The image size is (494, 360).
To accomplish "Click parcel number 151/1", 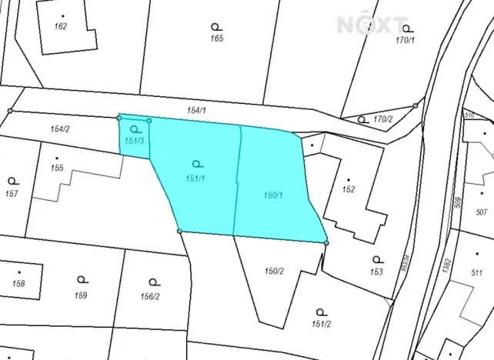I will (194, 178).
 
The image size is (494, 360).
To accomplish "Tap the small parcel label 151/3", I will (134, 141).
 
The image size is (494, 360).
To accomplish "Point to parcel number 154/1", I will (197, 112).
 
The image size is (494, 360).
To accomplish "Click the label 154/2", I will (60, 128).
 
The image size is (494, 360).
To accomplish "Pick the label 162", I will (62, 26).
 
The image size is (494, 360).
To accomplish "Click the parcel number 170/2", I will (382, 119).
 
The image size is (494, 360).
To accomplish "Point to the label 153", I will (376, 272).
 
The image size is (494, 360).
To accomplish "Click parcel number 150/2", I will (275, 270).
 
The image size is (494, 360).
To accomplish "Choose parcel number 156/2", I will (151, 295).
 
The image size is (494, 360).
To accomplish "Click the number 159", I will (81, 295).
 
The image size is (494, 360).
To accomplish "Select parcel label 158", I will (19, 284).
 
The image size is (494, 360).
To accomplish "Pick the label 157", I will (11, 192).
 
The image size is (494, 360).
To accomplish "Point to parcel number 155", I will (57, 168).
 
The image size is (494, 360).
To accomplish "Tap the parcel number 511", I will (478, 272).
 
